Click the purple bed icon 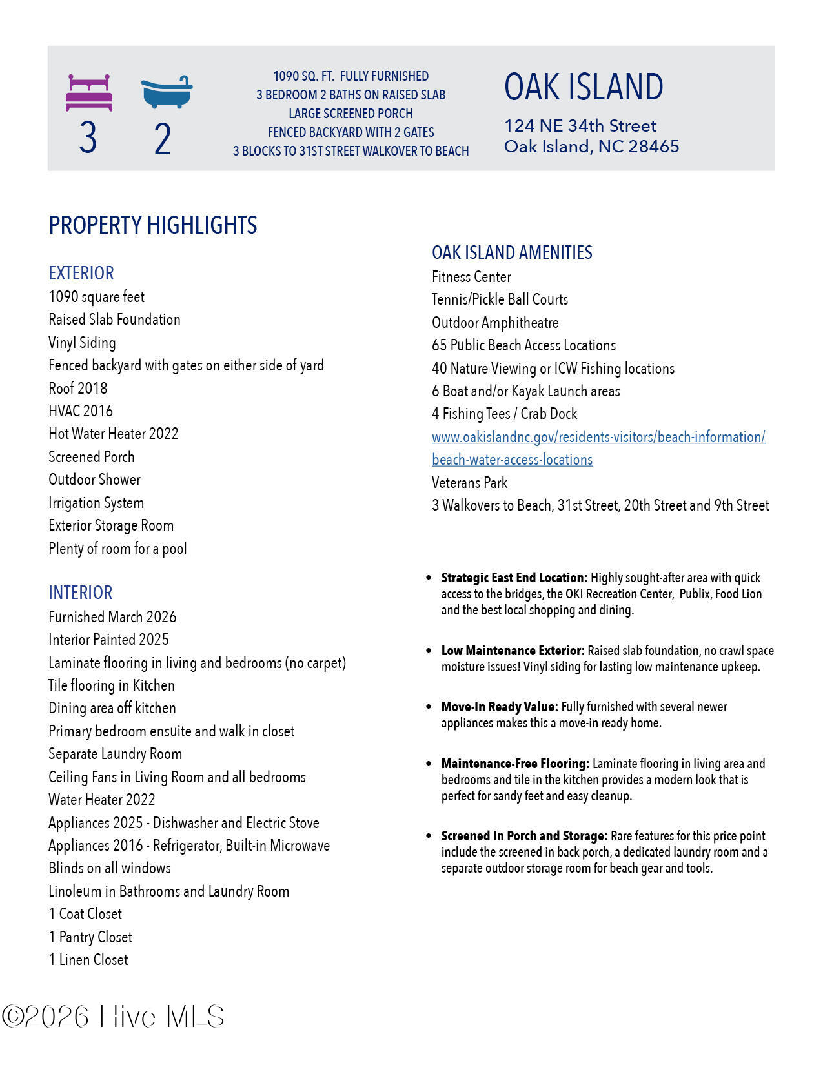coord(89,93)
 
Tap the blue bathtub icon coord(167,92)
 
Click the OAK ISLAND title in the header coord(584,87)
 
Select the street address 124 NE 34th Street coord(580,126)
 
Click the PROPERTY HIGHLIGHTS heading coord(153,225)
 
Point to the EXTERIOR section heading coord(81,273)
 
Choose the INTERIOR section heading coord(81,593)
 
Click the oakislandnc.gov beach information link coord(598,438)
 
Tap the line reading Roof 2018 coord(78,389)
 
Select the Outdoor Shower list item coord(94,480)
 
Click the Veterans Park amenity coord(469,483)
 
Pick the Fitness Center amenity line coord(471,277)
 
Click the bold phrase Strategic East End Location coord(514,578)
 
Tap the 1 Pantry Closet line coord(90,937)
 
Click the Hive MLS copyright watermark coord(114,1017)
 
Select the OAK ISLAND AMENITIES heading coord(512,252)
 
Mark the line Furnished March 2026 coord(112,617)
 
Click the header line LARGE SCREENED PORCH coord(351,114)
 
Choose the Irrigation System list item coord(96,503)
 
